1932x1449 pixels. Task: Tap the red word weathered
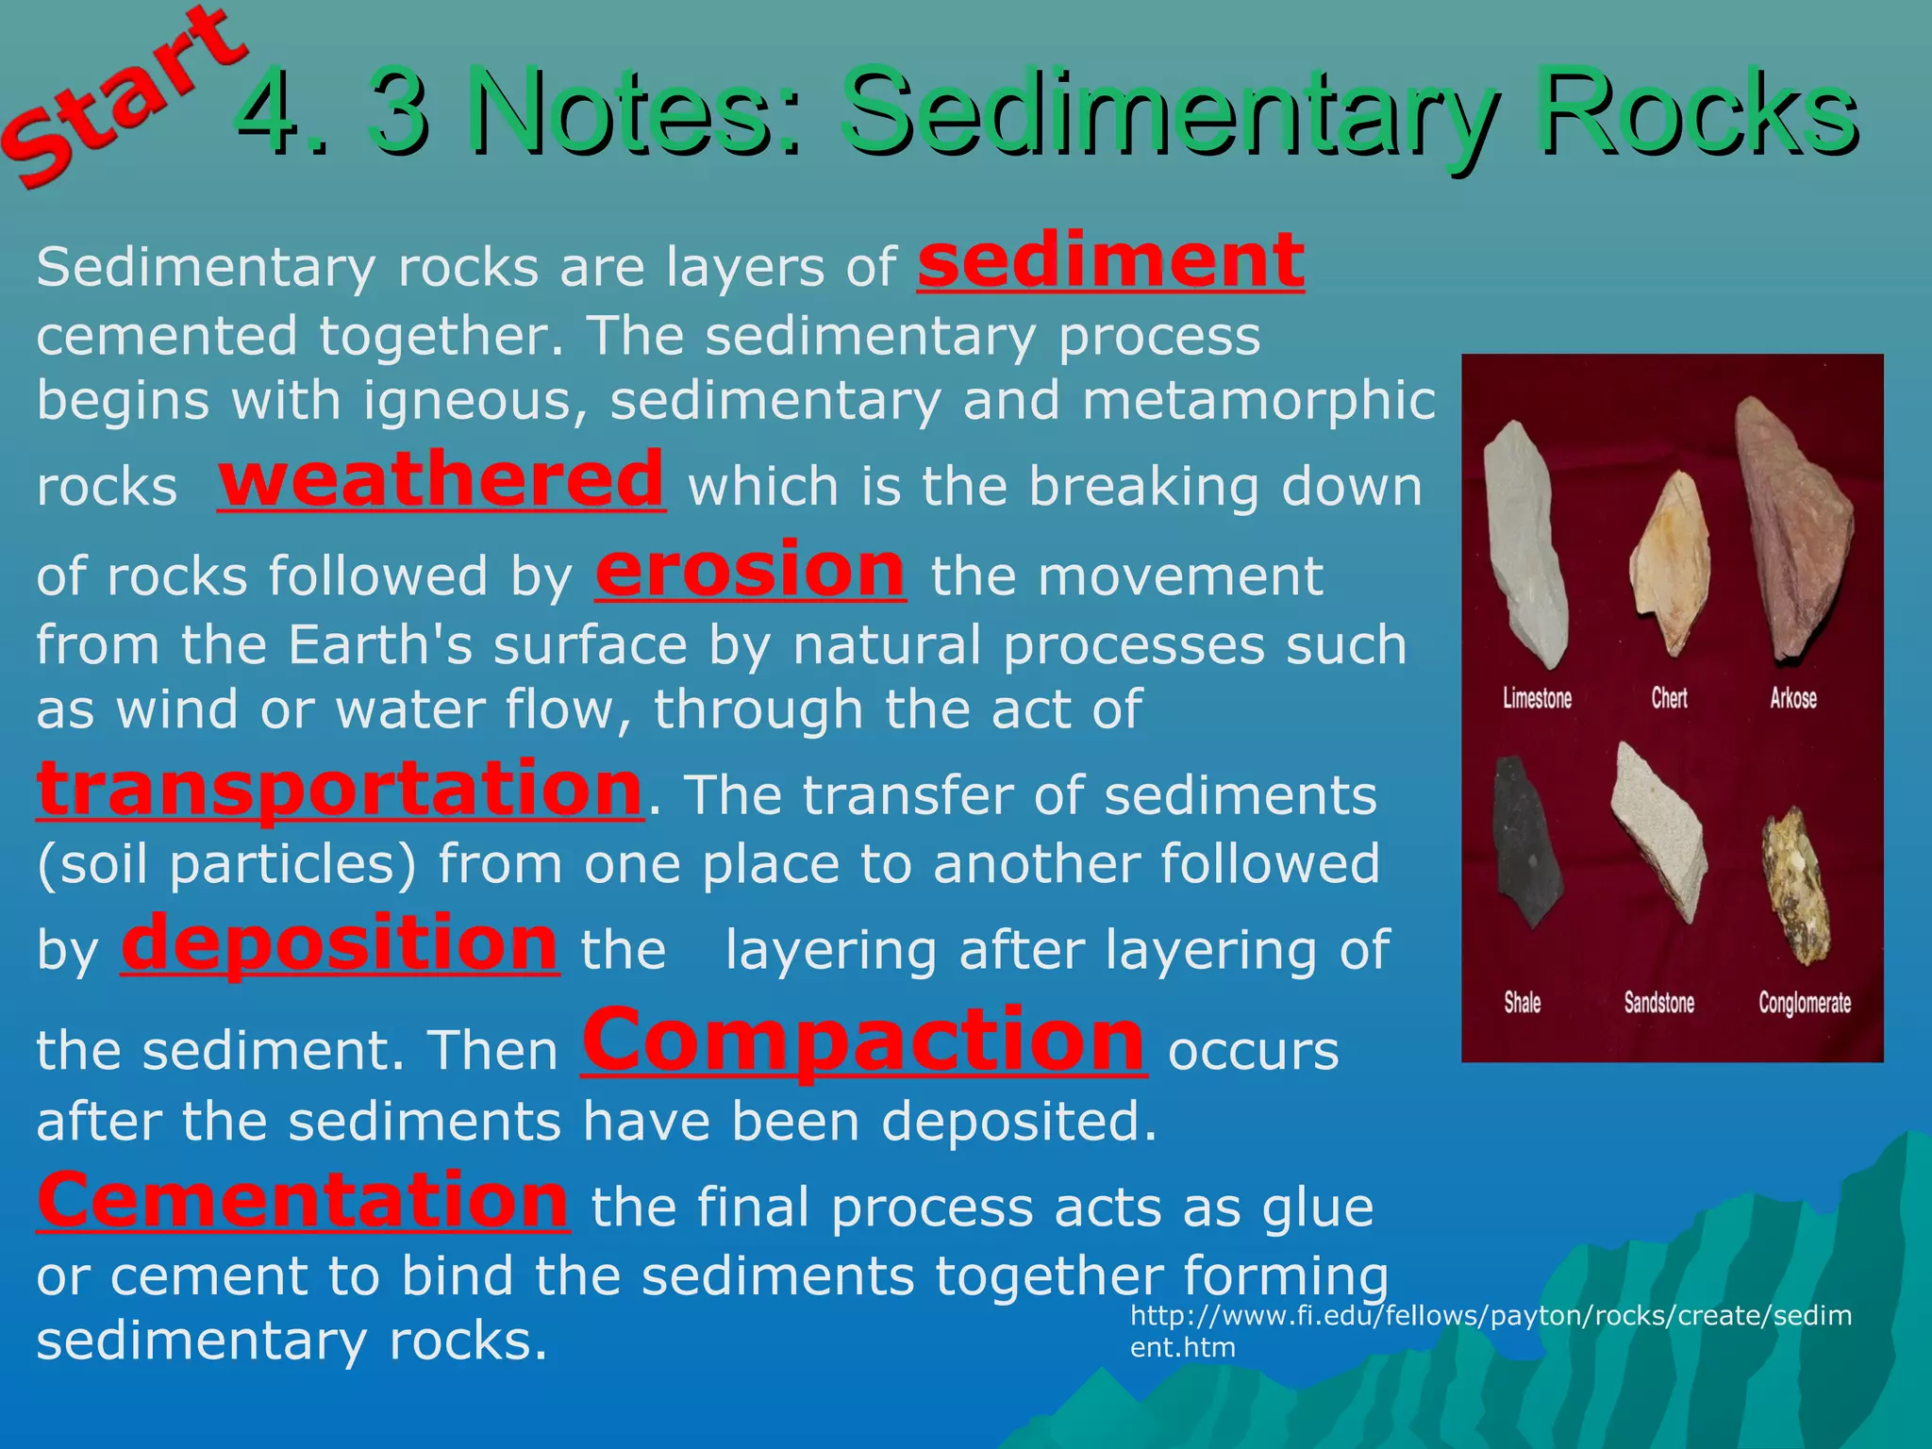pos(441,479)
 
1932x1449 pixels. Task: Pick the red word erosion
pos(750,570)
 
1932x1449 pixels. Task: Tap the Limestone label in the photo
pos(1537,698)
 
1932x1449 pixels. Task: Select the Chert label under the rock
pos(1669,698)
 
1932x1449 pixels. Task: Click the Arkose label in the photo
pos(1792,698)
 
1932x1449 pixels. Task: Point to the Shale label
pos(1522,1002)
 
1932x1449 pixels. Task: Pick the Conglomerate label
pos(1804,1002)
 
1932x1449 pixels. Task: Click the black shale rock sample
pos(1522,844)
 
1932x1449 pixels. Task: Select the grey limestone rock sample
pos(1524,542)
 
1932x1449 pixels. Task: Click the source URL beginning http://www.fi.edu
pos(1490,1330)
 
